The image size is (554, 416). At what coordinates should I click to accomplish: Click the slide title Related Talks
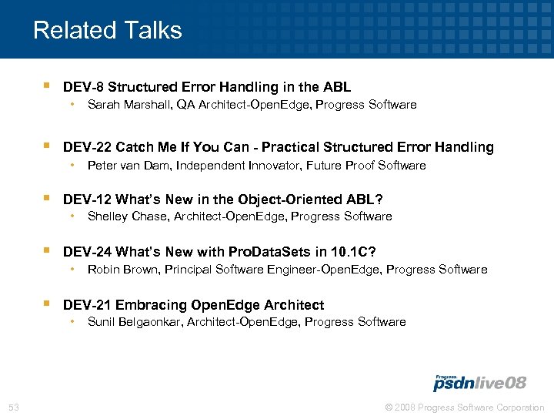pyautogui.click(x=108, y=30)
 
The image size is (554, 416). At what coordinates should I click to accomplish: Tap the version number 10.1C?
pyautogui.click(x=352, y=252)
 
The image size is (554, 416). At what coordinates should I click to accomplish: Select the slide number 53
pyautogui.click(x=14, y=408)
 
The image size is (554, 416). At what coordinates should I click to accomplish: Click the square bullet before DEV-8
pyautogui.click(x=47, y=86)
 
